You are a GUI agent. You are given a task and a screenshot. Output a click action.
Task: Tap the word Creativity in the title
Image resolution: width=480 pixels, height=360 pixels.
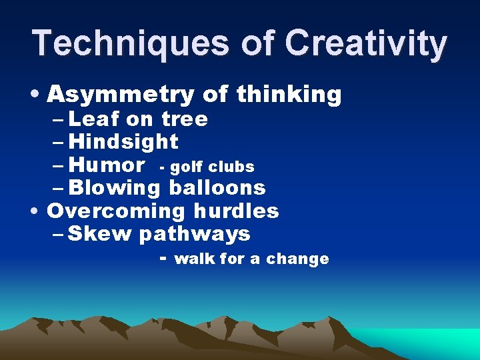coord(366,43)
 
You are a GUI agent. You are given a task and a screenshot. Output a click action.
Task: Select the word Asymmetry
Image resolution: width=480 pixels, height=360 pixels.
coord(121,95)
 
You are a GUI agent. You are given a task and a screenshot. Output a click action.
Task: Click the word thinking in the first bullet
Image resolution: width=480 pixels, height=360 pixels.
coord(289,95)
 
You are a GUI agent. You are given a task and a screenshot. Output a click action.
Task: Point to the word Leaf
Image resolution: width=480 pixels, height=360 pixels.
coord(93,119)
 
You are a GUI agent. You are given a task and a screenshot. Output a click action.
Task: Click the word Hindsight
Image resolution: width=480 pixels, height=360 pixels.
coord(123,141)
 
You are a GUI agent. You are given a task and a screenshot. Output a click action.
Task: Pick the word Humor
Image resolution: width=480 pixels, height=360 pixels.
coord(107,165)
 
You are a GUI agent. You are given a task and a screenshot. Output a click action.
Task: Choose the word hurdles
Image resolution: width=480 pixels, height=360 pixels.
coord(236,211)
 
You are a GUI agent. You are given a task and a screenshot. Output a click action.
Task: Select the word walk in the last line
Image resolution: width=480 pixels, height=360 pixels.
coord(194,259)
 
